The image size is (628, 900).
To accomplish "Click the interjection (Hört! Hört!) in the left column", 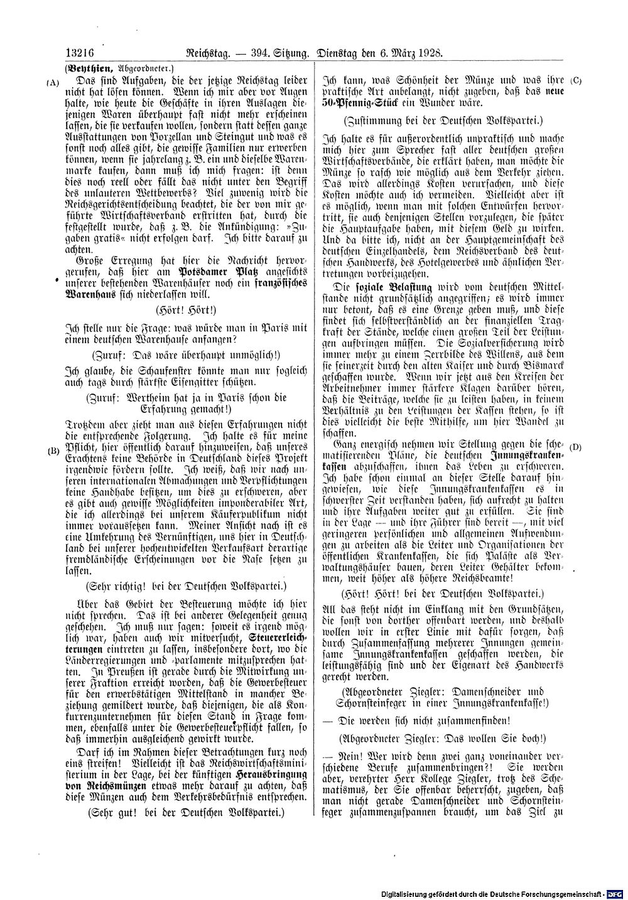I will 185,309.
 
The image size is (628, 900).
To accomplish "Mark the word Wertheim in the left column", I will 149,397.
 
